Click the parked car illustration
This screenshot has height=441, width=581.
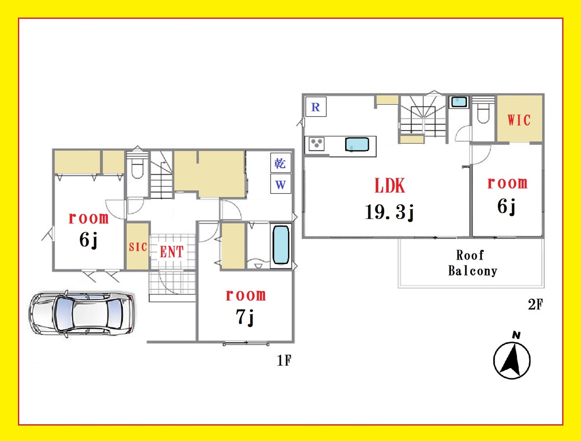pos(81,314)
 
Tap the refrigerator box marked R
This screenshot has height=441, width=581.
pos(316,107)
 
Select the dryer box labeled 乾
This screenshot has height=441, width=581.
pos(281,163)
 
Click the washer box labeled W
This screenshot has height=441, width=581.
pos(281,184)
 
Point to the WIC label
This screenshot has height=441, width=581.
pos(519,120)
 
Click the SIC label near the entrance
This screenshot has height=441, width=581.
pos(138,247)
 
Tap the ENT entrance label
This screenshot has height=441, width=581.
pos(172,251)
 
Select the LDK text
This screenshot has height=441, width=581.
pos(390,185)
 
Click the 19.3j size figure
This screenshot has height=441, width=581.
pos(389,212)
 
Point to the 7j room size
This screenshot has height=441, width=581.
pos(244,317)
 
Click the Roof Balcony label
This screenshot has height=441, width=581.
pos(473,263)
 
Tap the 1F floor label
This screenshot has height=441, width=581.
pos(284,361)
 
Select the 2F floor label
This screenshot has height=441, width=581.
pos(535,305)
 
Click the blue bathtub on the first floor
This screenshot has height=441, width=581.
pos(281,245)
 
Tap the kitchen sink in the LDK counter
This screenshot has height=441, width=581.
pos(357,145)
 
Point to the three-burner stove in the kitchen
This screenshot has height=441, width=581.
pos(317,144)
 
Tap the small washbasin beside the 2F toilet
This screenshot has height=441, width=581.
pos(459,102)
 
